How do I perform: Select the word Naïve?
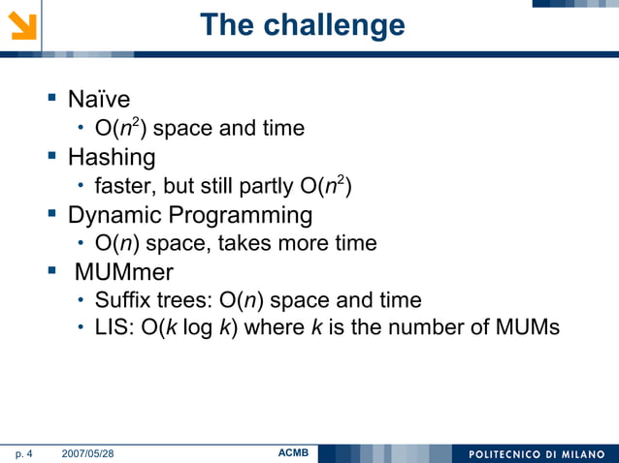pyautogui.click(x=99, y=99)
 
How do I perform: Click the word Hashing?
pyautogui.click(x=112, y=157)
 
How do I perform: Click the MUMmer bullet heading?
pyautogui.click(x=123, y=272)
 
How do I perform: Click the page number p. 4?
pyautogui.click(x=23, y=453)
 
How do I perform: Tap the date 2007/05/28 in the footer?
pyautogui.click(x=87, y=453)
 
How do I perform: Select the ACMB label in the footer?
pyautogui.click(x=293, y=452)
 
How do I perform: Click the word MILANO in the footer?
pyautogui.click(x=576, y=453)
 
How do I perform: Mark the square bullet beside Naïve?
pyautogui.click(x=52, y=99)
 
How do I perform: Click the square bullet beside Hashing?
pyautogui.click(x=52, y=157)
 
